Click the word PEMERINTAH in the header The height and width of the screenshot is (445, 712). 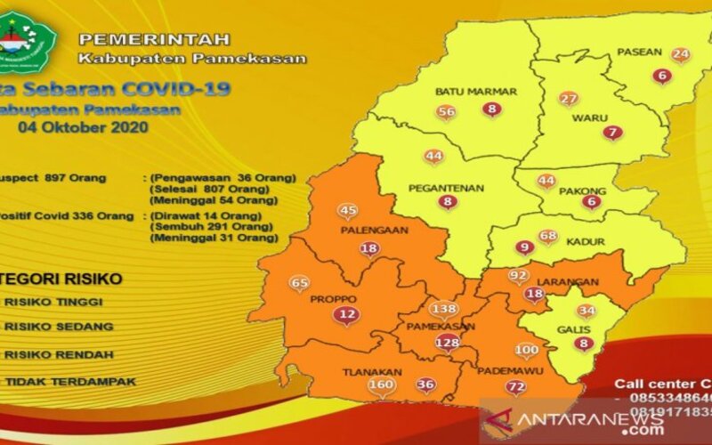(x=154, y=39)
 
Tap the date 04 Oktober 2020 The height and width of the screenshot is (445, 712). (x=84, y=127)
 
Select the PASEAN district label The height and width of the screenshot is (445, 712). (x=639, y=52)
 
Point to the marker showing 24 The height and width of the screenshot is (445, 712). (x=681, y=55)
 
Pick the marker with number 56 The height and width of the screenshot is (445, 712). (x=447, y=111)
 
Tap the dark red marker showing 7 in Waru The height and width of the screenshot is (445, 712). (x=611, y=133)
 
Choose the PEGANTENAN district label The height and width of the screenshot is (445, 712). (x=446, y=188)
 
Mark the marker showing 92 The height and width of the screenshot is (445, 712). (x=519, y=276)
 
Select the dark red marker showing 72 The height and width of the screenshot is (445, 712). (x=515, y=386)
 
